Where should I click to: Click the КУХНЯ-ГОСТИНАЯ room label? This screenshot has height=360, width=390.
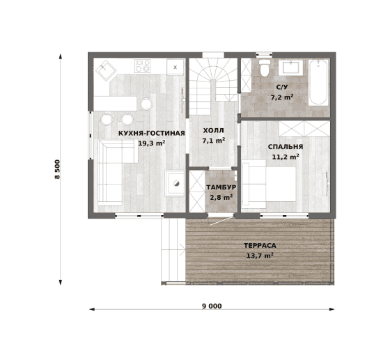[x=152, y=133]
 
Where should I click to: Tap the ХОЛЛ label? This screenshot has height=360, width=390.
[x=213, y=130]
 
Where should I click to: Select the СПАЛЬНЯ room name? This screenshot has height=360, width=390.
[x=286, y=147]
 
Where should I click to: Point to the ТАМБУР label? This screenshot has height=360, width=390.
[x=221, y=187]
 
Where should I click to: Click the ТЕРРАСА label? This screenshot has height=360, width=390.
[x=260, y=246]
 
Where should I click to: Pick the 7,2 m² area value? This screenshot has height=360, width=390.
[x=282, y=97]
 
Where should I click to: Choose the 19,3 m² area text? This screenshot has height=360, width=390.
[x=152, y=143]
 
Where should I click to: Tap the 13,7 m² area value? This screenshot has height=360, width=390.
[x=260, y=256]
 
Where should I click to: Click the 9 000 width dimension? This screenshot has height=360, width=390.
[x=212, y=306]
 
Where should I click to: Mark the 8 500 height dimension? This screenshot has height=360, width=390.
[x=57, y=169]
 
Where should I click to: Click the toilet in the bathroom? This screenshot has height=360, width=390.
[x=264, y=68]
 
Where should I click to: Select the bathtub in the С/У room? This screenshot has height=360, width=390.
[x=319, y=81]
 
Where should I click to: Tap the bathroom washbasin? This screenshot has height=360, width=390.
[x=290, y=67]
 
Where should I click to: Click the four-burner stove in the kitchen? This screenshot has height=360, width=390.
[x=143, y=65]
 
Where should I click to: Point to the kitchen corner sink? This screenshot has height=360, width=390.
[x=106, y=70]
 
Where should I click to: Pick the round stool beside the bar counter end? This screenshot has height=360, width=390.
[x=146, y=104]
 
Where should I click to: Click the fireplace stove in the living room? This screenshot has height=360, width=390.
[x=175, y=183]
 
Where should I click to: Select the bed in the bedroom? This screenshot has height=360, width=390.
[x=269, y=184]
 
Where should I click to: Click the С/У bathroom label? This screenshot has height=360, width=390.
[x=282, y=87]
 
